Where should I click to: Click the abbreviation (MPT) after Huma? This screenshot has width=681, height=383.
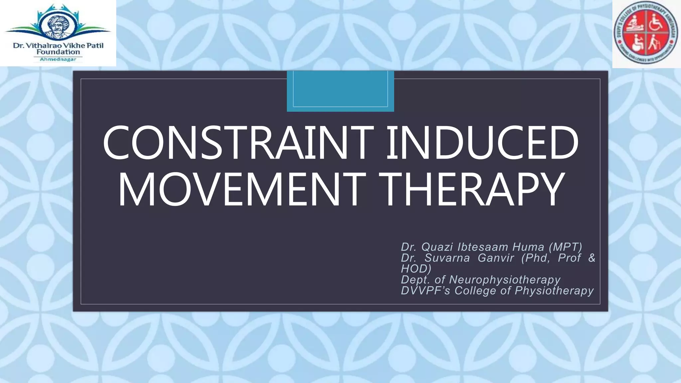[x=565, y=247]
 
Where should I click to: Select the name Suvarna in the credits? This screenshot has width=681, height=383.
[x=447, y=258]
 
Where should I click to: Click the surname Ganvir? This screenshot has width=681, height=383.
[x=496, y=258]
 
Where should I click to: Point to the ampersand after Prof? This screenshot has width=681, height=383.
[x=592, y=258]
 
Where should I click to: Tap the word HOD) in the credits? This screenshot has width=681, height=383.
[x=416, y=269]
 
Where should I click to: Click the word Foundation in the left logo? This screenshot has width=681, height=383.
[x=58, y=52]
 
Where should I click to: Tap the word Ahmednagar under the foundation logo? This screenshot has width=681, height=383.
[x=58, y=60]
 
